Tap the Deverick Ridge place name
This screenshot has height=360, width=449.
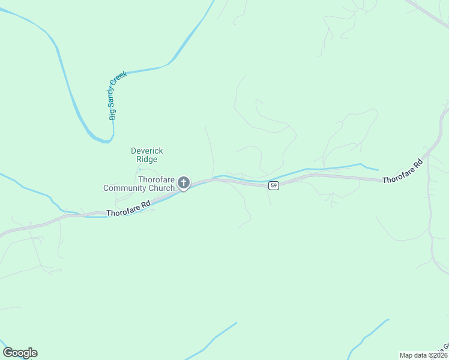click(147, 155)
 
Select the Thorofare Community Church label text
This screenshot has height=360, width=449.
click(139, 184)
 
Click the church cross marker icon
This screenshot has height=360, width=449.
click(184, 183)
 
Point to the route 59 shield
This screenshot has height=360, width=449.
click(274, 186)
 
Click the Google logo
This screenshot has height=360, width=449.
click(20, 353)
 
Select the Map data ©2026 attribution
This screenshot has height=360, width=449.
click(423, 355)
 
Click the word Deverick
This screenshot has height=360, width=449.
click(147, 151)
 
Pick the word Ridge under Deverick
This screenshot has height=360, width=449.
click(147, 160)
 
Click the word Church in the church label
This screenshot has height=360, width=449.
click(163, 188)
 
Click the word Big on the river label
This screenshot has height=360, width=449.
click(112, 115)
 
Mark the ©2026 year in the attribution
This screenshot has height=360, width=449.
click(436, 355)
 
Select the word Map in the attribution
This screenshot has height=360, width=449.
click(406, 355)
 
